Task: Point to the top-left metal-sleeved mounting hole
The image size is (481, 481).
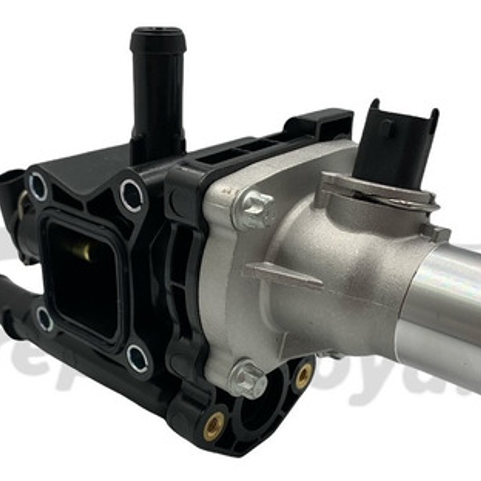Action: pyautogui.click(x=38, y=186)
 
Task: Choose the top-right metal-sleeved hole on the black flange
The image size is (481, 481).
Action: pyautogui.click(x=132, y=195)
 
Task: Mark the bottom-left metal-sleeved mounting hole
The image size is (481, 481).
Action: pyautogui.click(x=45, y=319)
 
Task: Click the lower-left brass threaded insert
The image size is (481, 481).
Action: pyautogui.click(x=214, y=426)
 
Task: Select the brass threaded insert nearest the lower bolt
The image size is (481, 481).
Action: pyautogui.click(x=304, y=375)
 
